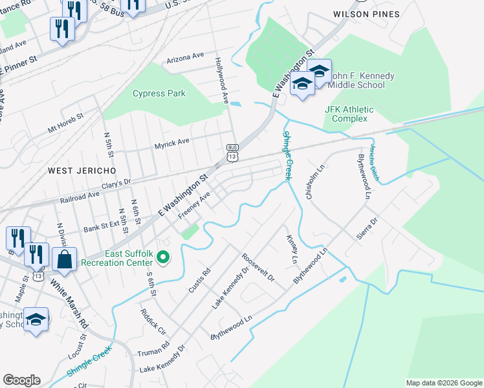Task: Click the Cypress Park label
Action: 159,93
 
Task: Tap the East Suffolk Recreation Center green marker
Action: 163,259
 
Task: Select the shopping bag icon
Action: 65,260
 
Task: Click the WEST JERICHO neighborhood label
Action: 82,170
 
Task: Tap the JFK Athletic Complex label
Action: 349,114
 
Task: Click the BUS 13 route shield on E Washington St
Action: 232,153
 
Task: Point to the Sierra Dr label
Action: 366,228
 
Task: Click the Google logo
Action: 21,380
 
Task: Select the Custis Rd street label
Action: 199,279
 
